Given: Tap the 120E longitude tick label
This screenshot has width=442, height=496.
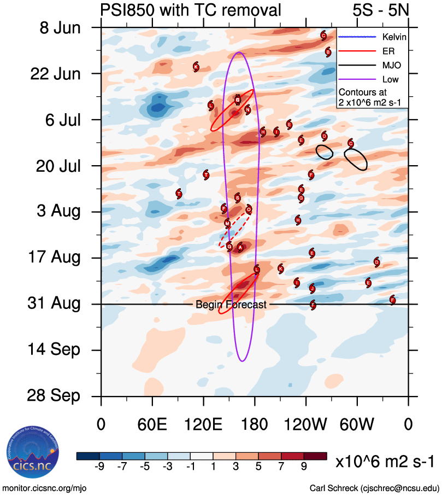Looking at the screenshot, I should tap(204, 425).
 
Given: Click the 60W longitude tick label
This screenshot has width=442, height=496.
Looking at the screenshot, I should tap(357, 425).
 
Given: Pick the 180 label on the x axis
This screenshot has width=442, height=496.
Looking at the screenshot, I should tap(255, 425).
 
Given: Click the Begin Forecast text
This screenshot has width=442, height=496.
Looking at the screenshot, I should tap(231, 305).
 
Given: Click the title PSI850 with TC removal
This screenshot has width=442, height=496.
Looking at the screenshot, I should tap(191, 10).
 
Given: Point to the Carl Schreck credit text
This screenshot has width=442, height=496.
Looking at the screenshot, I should tap(374, 487).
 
